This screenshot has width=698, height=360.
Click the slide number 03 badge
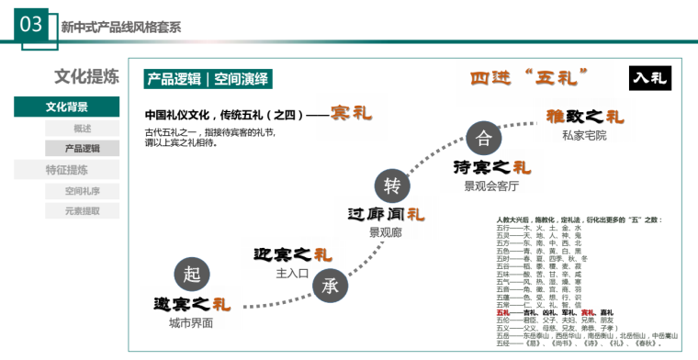pyautogui.click(x=30, y=25)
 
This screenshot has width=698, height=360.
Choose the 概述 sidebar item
pyautogui.click(x=82, y=128)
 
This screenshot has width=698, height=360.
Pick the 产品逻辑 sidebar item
pyautogui.click(x=82, y=148)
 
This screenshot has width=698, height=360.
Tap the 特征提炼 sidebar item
pyautogui.click(x=66, y=169)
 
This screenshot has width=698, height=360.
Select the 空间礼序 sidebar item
pyautogui.click(x=82, y=191)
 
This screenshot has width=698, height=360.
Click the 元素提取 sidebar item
pyautogui.click(x=82, y=210)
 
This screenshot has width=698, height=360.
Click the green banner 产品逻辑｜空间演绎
pyautogui.click(x=208, y=79)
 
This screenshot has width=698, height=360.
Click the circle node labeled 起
pyautogui.click(x=191, y=274)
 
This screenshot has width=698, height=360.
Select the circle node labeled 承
pyautogui.click(x=330, y=285)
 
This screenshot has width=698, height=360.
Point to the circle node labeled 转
pyautogui.click(x=392, y=186)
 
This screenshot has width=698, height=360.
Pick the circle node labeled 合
pyautogui.click(x=483, y=139)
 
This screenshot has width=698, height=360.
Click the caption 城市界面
pyautogui.click(x=191, y=323)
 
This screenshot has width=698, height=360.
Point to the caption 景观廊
pyautogui.click(x=386, y=232)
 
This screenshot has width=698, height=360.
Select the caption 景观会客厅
pyautogui.click(x=491, y=186)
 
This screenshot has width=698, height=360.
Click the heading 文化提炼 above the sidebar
pyautogui.click(x=86, y=77)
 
